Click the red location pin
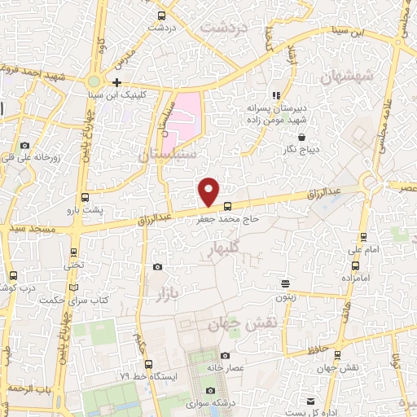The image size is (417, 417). [209, 191]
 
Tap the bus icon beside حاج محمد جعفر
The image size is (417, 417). [227, 206]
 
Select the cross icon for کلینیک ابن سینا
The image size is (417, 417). [117, 82]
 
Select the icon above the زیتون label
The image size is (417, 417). [286, 283]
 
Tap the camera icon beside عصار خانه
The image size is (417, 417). [225, 355]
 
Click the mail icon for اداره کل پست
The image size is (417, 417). [310, 402]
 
